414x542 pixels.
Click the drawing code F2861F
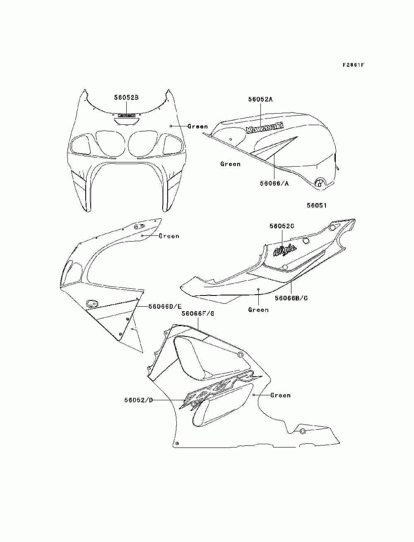click(353, 65)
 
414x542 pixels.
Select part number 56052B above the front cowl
click(126, 97)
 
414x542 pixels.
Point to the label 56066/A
click(274, 183)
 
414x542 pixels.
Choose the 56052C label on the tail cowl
click(282, 226)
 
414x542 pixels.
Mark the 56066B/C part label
click(291, 298)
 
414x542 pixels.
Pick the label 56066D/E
click(165, 307)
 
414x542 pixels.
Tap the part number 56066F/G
click(198, 314)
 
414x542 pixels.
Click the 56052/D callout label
click(138, 400)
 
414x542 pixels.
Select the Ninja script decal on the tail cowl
click(285, 250)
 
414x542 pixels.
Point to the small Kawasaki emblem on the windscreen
click(126, 116)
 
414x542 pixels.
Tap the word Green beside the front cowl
click(197, 126)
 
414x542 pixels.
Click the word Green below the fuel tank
click(230, 164)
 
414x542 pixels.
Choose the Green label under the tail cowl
click(258, 310)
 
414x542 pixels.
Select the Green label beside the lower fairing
click(280, 395)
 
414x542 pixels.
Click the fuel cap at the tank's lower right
click(319, 183)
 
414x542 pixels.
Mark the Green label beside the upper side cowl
click(169, 236)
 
